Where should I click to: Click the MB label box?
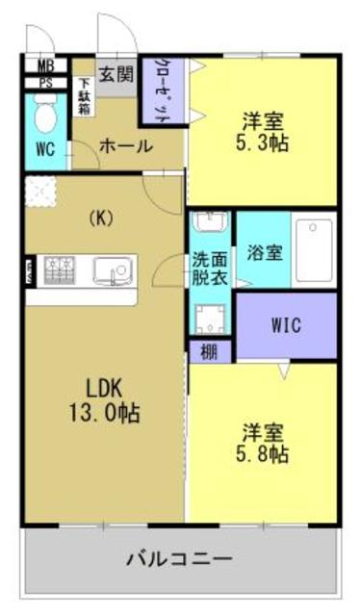click(44, 66)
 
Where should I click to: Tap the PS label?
click(44, 83)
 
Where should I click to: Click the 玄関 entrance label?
click(116, 74)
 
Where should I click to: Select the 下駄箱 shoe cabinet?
click(84, 94)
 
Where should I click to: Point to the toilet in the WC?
click(44, 118)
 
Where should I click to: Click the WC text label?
click(44, 151)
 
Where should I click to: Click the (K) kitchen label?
click(100, 217)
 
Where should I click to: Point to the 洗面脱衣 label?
click(209, 267)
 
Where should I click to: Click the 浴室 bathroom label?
click(264, 254)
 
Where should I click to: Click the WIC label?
click(286, 325)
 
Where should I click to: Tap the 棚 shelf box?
click(209, 351)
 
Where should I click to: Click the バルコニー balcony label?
click(180, 558)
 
